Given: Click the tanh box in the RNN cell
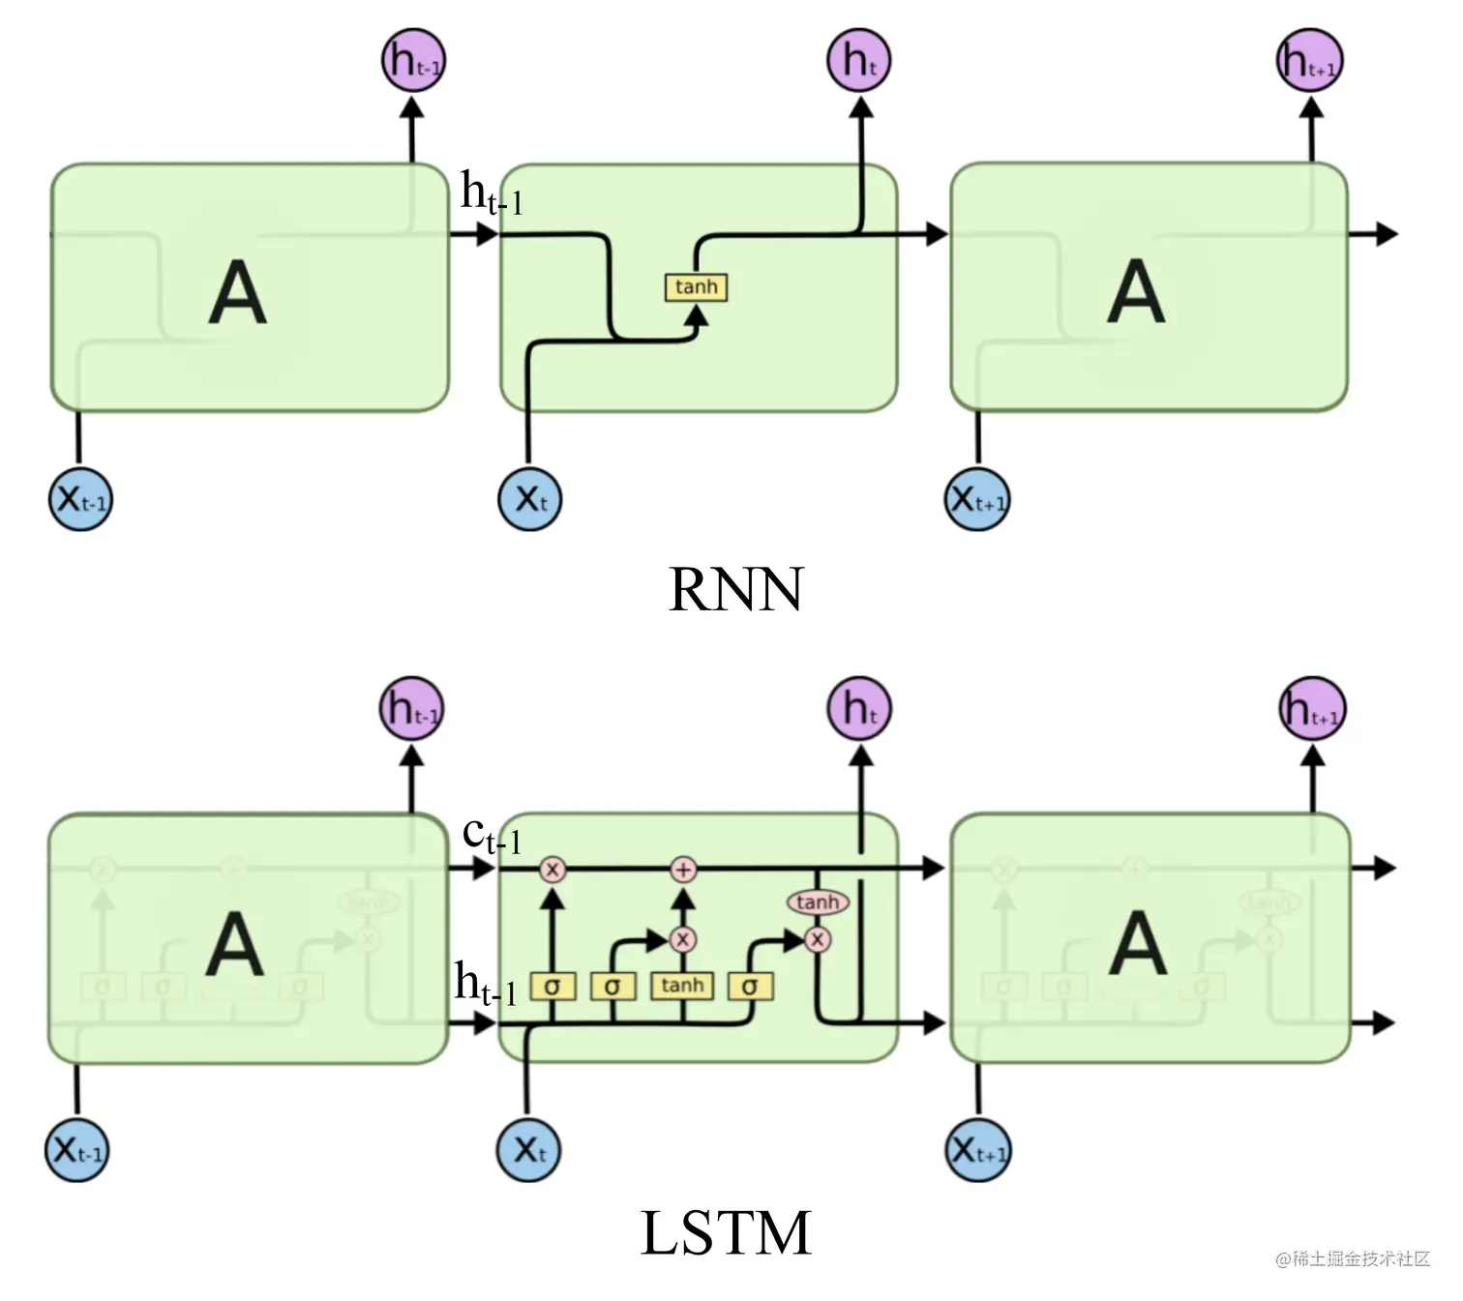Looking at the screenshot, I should coord(696,287).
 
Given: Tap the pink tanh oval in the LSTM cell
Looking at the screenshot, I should coord(818,902).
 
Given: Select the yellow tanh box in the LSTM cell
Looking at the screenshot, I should coord(682,986).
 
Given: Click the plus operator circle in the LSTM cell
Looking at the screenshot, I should coord(683,870).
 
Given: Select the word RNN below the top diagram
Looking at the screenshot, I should coord(735,589).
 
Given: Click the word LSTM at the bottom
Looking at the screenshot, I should coord(726,1233).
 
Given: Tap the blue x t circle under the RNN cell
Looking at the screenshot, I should coord(530,499).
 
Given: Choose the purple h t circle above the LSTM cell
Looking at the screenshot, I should coord(859,708).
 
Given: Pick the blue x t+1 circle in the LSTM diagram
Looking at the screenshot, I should coord(977,1150).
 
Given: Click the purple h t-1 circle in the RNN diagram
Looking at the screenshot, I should coord(413,60).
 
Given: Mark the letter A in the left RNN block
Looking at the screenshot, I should coord(237,292).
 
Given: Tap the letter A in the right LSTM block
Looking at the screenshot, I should coord(1137,944).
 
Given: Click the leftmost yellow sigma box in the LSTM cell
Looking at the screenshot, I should coord(552,987).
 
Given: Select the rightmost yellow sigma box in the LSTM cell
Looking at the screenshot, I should coord(750,987).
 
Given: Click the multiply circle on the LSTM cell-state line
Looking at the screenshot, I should coord(552,870).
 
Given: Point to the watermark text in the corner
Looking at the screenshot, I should coord(1352,1258).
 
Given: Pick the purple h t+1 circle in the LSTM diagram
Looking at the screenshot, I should coord(1312,709).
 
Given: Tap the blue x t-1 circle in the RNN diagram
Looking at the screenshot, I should coord(80,499).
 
